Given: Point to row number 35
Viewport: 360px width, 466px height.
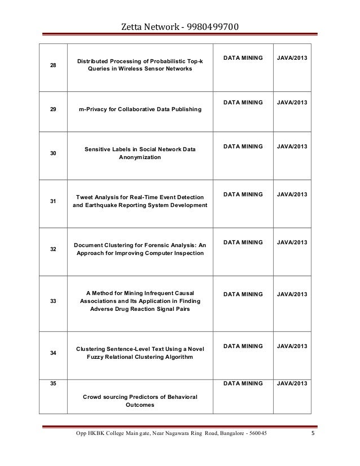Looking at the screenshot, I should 54,383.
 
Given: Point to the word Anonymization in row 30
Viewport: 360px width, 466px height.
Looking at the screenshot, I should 139,157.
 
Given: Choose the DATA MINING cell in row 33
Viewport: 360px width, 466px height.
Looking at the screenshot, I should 243,294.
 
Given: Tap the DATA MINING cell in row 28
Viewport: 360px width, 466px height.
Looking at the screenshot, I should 243,58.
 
